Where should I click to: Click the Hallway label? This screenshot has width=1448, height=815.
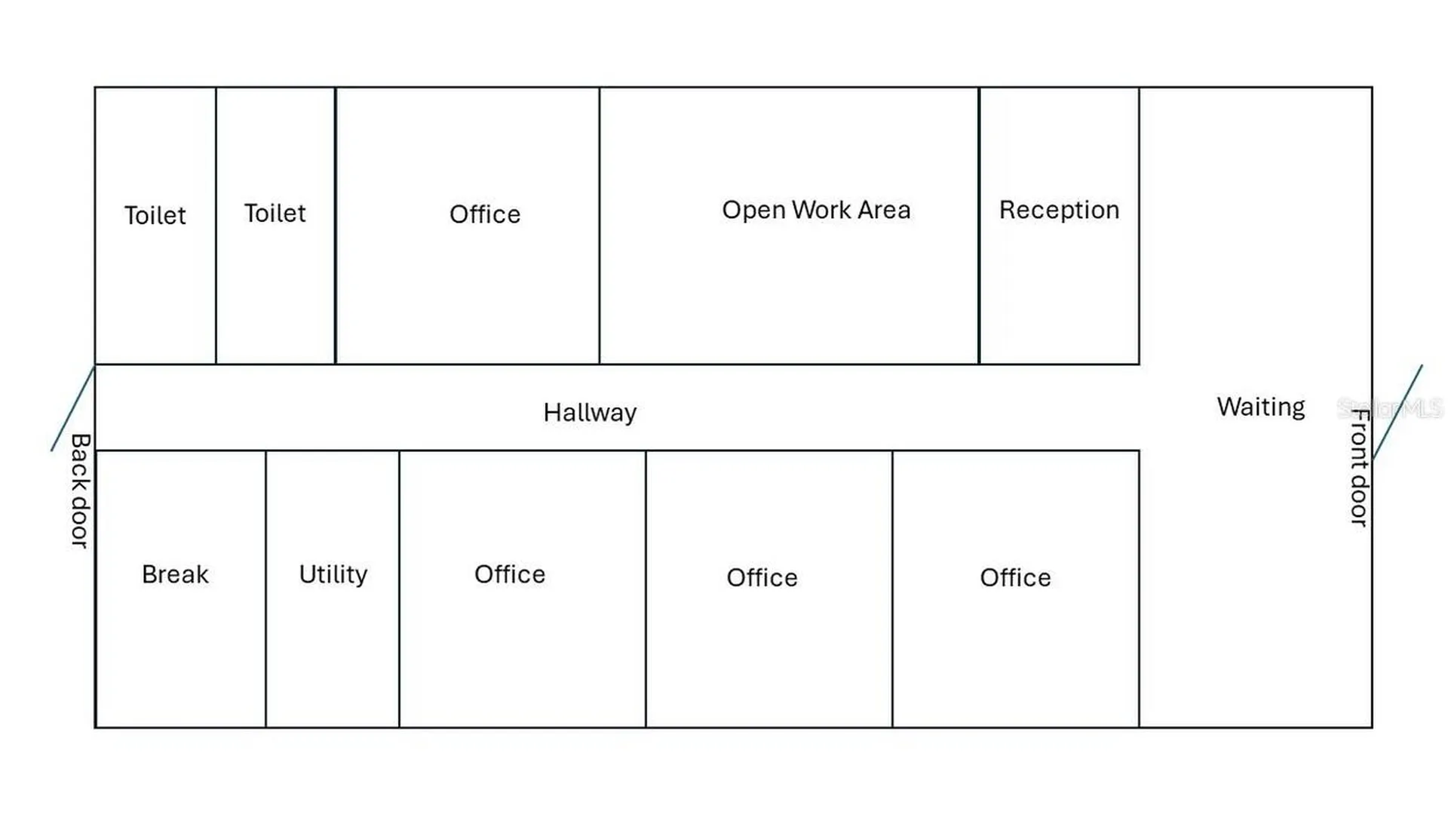click(x=590, y=413)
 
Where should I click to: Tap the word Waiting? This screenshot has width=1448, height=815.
click(x=1261, y=407)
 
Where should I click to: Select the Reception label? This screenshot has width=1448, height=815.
click(x=1059, y=210)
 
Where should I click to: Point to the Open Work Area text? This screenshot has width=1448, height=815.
click(x=816, y=210)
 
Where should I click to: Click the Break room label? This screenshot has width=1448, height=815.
click(x=175, y=574)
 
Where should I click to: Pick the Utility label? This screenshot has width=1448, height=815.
click(x=333, y=574)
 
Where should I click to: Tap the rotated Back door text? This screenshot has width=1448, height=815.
click(x=80, y=491)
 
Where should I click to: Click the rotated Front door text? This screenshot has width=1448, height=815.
click(x=1359, y=468)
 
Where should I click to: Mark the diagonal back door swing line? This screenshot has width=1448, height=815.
click(x=73, y=408)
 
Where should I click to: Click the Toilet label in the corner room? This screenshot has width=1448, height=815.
click(x=155, y=216)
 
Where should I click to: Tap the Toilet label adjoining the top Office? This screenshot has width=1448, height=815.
click(x=275, y=214)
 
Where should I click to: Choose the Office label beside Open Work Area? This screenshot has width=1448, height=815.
click(x=485, y=214)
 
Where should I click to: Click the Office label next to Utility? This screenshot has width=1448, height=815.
click(x=510, y=574)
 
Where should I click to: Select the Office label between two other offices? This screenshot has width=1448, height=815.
click(x=762, y=578)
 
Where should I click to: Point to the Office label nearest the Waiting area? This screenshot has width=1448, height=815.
click(x=1015, y=578)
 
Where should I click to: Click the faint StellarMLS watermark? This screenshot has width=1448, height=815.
click(x=1389, y=409)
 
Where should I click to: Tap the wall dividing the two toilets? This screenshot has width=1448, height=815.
click(x=216, y=226)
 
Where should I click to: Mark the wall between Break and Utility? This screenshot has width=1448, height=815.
click(x=265, y=589)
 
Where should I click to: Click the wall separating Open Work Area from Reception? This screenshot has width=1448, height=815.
click(x=979, y=226)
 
